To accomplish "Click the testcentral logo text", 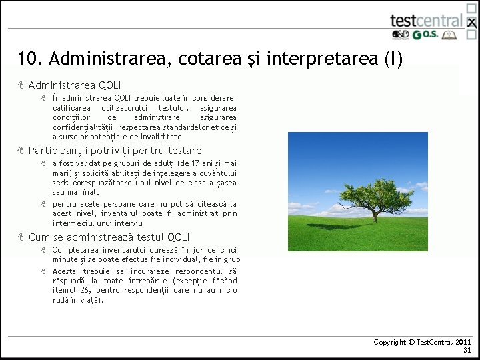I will click(x=426, y=21).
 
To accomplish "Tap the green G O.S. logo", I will click(x=425, y=35).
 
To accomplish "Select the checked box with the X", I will click(x=471, y=22).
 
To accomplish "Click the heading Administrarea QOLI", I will click(x=75, y=85).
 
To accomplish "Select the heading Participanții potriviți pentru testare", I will click(x=115, y=151).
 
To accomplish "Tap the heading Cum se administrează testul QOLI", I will click(x=109, y=237).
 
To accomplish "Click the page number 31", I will click(x=467, y=350).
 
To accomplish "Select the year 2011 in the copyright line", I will click(x=464, y=342).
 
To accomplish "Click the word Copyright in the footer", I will click(x=390, y=342).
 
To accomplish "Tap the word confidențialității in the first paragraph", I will click(x=83, y=127).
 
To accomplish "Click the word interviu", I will click(x=129, y=223).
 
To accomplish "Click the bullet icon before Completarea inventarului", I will click(x=41, y=250).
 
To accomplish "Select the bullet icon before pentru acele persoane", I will click(x=41, y=204).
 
